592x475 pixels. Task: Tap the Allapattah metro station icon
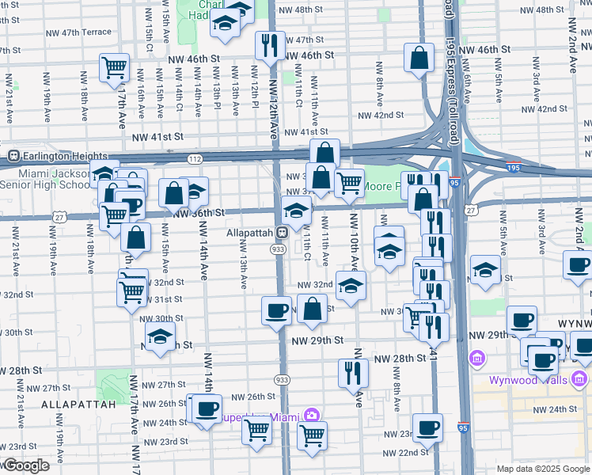click(x=280, y=233)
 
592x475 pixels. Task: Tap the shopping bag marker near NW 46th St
click(x=419, y=57)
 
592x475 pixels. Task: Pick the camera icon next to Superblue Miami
click(x=311, y=416)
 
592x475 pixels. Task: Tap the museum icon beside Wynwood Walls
click(x=476, y=359)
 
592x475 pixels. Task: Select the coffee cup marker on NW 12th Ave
click(x=276, y=310)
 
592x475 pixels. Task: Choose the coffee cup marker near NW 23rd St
click(x=427, y=427)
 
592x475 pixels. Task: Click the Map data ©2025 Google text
click(x=542, y=469)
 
